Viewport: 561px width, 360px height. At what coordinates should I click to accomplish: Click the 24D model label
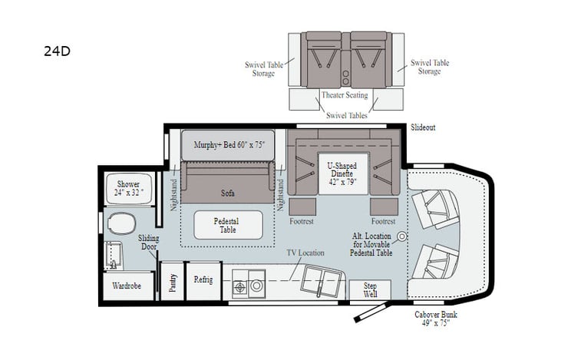pos(58,53)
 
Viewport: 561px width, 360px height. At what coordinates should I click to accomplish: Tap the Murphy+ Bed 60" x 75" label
pos(228,145)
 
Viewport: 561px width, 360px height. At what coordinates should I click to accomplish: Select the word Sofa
pos(227,193)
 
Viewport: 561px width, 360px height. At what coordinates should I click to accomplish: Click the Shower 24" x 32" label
pos(129,189)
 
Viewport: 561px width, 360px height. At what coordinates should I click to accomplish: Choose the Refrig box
pos(203,279)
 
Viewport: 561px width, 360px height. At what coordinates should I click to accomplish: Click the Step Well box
pos(369,290)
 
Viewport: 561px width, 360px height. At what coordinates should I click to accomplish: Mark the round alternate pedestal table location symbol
pos(401,236)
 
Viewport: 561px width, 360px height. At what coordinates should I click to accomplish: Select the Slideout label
pos(423,127)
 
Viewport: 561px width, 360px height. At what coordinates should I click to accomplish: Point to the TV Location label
pos(305,253)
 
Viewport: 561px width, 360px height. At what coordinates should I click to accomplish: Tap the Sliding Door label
pos(149,243)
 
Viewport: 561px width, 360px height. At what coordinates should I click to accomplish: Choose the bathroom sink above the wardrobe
pos(114,255)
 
